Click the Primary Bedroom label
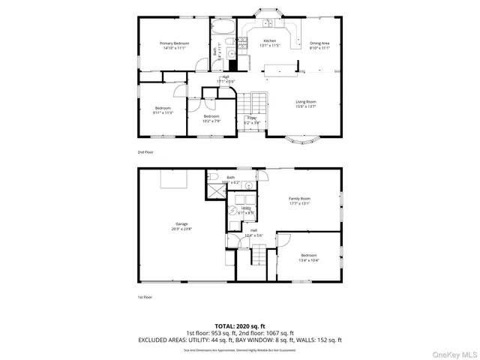coord(173,43)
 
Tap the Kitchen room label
coord(269,40)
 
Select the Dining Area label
coord(319,43)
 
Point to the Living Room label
coord(305,101)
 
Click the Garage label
coord(182,223)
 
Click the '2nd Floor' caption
coord(145,151)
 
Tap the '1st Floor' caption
coord(145,296)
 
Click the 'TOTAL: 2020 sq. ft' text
coord(240,325)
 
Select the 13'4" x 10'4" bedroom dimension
coord(309,260)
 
